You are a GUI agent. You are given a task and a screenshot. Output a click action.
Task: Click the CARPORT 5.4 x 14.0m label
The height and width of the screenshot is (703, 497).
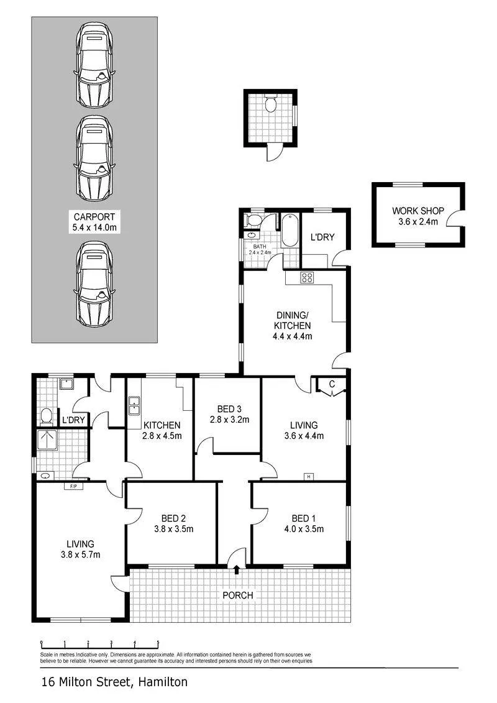pyautogui.click(x=94, y=222)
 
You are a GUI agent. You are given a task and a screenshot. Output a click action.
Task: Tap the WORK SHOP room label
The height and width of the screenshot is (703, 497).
pyautogui.click(x=418, y=211)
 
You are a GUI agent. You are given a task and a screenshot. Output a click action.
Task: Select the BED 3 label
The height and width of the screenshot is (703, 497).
pyautogui.click(x=229, y=409)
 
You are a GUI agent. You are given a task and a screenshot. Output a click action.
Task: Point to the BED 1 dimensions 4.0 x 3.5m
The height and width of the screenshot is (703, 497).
pyautogui.click(x=304, y=529)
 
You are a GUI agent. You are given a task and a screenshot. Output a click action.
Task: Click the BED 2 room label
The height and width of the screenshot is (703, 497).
pyautogui.click(x=173, y=518)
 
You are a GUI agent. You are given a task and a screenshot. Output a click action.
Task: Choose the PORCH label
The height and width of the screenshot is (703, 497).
pyautogui.click(x=238, y=595)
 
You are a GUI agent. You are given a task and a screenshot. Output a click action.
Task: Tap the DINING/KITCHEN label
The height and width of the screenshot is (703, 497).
pyautogui.click(x=292, y=321)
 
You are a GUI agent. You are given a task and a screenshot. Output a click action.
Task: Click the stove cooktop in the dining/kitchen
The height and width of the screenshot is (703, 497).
pyautogui.click(x=307, y=277)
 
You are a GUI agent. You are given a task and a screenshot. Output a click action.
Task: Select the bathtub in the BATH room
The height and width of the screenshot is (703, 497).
pyautogui.click(x=290, y=231)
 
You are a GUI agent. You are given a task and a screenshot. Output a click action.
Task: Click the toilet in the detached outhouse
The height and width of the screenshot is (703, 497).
pyautogui.click(x=270, y=104)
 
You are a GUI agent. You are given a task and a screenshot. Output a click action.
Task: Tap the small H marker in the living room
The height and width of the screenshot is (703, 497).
pyautogui.click(x=308, y=477)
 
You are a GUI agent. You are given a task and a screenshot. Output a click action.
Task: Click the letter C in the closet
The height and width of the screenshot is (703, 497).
pyautogui.click(x=332, y=384)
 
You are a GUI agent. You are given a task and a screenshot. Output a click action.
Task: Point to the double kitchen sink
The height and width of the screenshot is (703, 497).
pyautogui.click(x=134, y=406)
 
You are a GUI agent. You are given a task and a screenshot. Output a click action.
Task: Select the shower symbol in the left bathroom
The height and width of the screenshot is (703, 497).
pyautogui.click(x=47, y=439)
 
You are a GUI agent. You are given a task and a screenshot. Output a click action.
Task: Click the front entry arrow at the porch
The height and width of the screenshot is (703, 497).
pyautogui.click(x=237, y=570)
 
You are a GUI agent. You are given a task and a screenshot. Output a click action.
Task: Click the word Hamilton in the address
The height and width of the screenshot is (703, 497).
pyautogui.click(x=163, y=682)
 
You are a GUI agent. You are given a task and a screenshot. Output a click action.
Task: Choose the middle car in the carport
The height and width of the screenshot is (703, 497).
pyautogui.click(x=94, y=159)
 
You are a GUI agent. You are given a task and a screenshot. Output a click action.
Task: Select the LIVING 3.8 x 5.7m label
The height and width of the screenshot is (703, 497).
pyautogui.click(x=81, y=549)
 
